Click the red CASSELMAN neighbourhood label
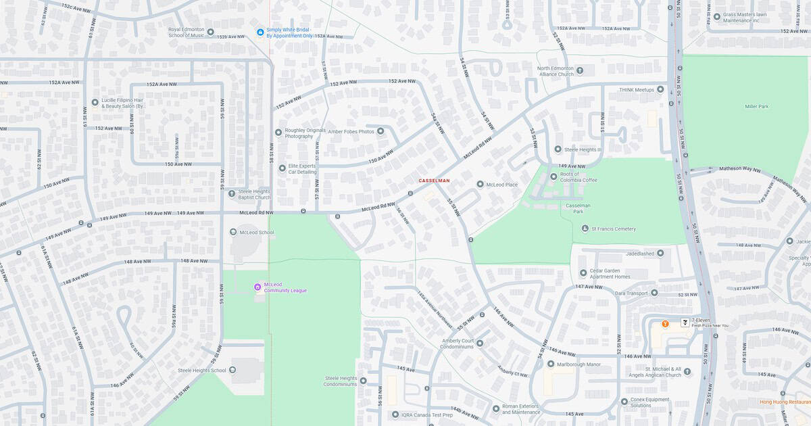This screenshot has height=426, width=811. pyautogui.click(x=434, y=181)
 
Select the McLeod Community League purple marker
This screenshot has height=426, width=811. pyautogui.click(x=257, y=287)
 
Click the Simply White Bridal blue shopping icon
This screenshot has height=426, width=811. pyautogui.click(x=260, y=32)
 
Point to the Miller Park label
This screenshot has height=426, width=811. pyautogui.click(x=756, y=106)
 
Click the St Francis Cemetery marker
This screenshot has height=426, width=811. pyautogui.click(x=585, y=229)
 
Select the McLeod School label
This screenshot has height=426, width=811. pyautogui.click(x=257, y=232)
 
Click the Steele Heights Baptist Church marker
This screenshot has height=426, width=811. pyautogui.click(x=232, y=193)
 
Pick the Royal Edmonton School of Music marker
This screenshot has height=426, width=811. pyautogui.click(x=210, y=32)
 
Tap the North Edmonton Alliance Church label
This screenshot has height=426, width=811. pyautogui.click(x=555, y=71)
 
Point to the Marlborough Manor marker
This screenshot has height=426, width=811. pyautogui.click(x=551, y=364)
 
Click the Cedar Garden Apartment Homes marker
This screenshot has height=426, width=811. pyautogui.click(x=583, y=273)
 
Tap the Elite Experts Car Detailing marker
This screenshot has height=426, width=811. pyautogui.click(x=282, y=168)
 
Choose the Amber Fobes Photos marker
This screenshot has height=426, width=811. pyautogui.click(x=380, y=131)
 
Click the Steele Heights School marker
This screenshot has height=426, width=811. pyautogui.click(x=232, y=370)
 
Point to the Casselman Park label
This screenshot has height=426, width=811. pyautogui.click(x=578, y=208)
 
